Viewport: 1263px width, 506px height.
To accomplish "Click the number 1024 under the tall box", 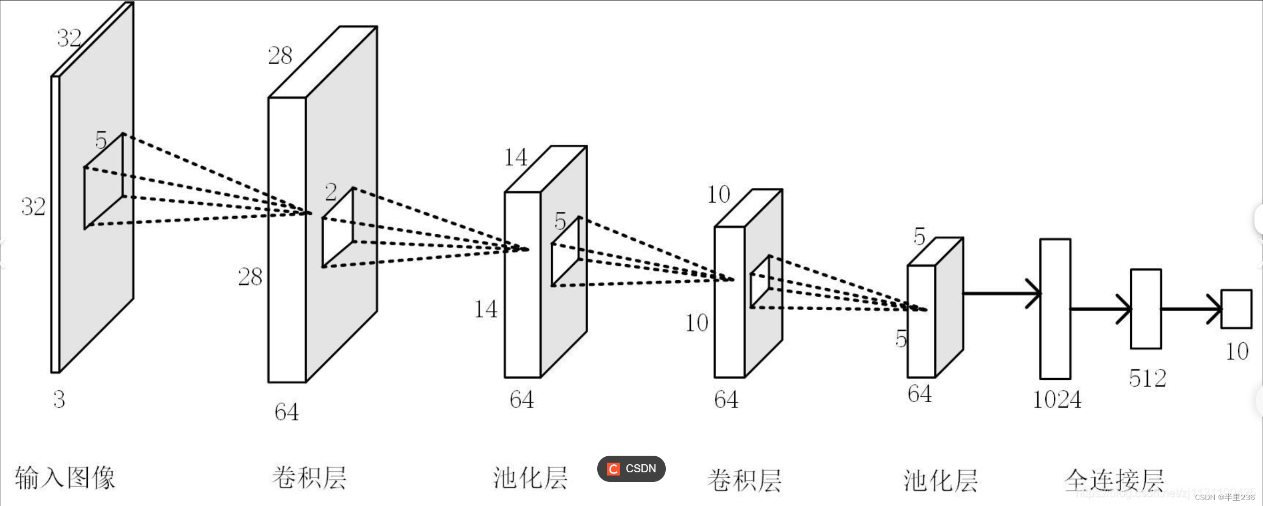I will click(1056, 400).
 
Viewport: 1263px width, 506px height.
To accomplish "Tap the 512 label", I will click(1147, 379).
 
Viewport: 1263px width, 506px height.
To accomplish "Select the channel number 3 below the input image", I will click(59, 400).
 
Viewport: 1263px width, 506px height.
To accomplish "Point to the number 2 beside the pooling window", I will click(331, 192).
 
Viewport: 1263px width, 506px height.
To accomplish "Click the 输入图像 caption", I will click(65, 478).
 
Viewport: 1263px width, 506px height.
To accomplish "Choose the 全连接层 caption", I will click(1114, 480).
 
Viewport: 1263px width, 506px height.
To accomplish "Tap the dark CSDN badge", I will click(631, 469).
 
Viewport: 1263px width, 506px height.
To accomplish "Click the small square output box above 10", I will click(1236, 309).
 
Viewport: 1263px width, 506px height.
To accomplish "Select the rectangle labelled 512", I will click(1146, 309).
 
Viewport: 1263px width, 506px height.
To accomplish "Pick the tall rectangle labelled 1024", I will click(1055, 309).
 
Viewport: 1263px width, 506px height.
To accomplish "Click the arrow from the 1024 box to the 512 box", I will click(1100, 309).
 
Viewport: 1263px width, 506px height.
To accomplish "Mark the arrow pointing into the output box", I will click(1191, 309).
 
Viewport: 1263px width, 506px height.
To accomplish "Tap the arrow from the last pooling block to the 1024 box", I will click(1002, 293).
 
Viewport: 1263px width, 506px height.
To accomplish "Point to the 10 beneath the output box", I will click(1237, 351).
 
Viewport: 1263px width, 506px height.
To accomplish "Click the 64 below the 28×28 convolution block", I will click(286, 412).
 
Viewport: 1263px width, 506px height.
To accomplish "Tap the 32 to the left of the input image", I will click(33, 206).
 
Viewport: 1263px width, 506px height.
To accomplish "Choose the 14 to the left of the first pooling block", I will click(485, 309).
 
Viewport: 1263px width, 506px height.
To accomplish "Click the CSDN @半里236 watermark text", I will click(1224, 497).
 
